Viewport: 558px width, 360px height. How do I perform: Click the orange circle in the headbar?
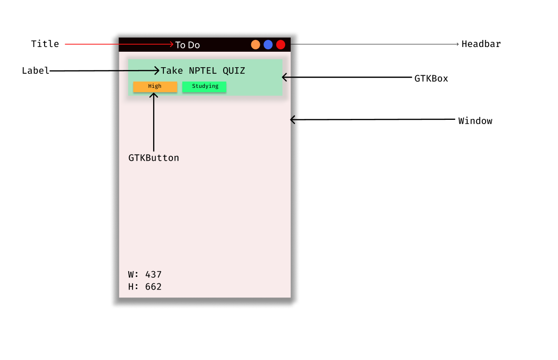point(256,45)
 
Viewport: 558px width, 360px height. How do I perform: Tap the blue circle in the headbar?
point(268,45)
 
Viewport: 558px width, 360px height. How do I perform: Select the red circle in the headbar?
point(281,45)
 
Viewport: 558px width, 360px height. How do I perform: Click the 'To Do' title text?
point(187,45)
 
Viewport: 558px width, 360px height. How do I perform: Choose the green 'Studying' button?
point(204,86)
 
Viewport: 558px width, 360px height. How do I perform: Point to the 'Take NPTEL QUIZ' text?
point(203,71)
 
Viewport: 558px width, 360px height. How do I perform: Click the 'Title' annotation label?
point(45,44)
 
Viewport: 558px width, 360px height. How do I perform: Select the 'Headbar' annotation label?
point(481,44)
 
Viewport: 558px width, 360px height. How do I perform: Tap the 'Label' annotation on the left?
point(36,71)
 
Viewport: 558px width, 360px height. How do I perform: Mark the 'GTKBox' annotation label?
point(431,78)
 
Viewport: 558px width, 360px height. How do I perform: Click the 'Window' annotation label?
point(475,121)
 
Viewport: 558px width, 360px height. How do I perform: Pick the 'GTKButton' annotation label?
point(154,158)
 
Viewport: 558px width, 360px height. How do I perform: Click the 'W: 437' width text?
point(145,275)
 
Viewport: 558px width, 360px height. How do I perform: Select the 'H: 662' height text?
point(145,287)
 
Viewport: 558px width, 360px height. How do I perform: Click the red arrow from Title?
point(117,44)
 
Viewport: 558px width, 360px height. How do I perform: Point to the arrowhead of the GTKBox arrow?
point(284,77)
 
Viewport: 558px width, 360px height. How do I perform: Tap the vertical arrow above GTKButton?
point(154,122)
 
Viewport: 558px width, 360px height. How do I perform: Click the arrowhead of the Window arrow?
point(293,120)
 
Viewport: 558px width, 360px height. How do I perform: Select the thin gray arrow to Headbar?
point(376,44)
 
